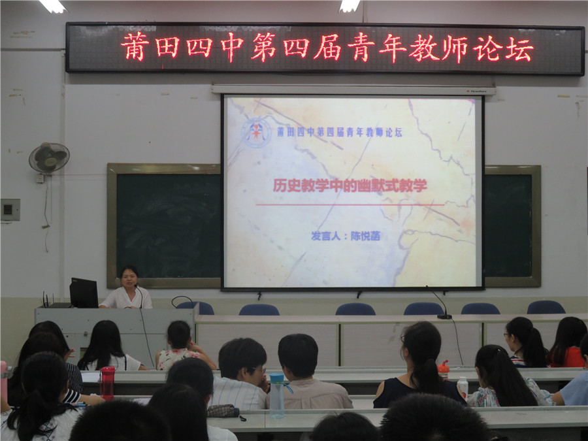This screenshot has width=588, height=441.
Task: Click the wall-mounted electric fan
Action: (x=49, y=157)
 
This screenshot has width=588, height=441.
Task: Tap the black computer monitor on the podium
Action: (x=84, y=293)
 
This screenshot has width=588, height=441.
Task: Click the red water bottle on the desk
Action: (x=108, y=382)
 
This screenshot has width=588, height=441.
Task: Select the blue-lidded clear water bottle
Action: (x=278, y=395)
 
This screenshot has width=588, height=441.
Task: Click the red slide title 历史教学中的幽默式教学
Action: (x=350, y=186)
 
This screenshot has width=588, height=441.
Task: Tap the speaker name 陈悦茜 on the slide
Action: (x=365, y=236)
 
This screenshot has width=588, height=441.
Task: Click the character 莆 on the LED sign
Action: (x=135, y=47)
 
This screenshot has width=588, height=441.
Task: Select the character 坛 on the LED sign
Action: (x=519, y=49)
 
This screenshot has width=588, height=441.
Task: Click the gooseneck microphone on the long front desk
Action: (x=440, y=301)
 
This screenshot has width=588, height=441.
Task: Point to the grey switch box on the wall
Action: (x=10, y=210)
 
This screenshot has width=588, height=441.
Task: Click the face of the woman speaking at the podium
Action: (x=128, y=278)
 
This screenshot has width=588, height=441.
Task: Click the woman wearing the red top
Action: (x=567, y=343)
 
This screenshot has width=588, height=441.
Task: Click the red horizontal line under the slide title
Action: (x=350, y=204)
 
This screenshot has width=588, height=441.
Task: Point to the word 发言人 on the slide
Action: (x=325, y=236)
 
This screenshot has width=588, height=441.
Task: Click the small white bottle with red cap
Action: (x=463, y=387)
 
